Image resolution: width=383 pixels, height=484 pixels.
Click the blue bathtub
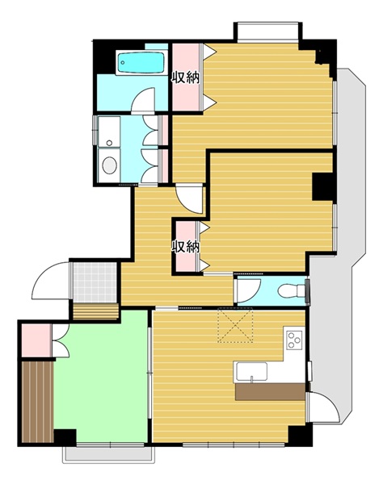141,62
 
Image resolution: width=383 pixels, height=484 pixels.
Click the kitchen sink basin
251,372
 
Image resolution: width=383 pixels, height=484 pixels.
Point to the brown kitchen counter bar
270,392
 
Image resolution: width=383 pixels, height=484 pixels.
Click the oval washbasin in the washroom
110,165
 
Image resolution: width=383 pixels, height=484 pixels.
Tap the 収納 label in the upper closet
186,77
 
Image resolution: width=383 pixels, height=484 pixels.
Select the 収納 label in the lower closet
186,247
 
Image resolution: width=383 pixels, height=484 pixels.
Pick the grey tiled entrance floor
95,282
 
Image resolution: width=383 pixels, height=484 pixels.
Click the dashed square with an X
236,325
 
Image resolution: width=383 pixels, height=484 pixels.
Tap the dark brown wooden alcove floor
38,402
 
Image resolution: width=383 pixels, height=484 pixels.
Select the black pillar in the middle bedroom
322,186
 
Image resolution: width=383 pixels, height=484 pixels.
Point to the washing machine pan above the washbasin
109,131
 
